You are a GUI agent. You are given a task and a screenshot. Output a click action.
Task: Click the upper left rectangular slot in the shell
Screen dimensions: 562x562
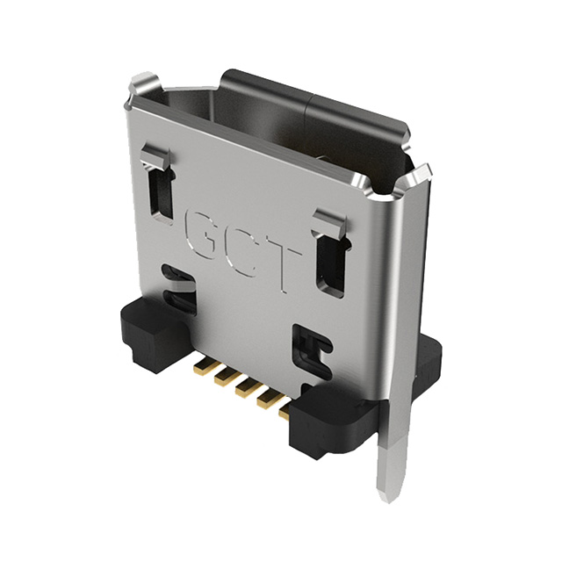point(162,191)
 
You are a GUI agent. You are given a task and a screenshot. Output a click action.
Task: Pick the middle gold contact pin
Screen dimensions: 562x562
point(240,381)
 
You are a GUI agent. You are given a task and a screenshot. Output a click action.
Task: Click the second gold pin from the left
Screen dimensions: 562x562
point(220,371)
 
